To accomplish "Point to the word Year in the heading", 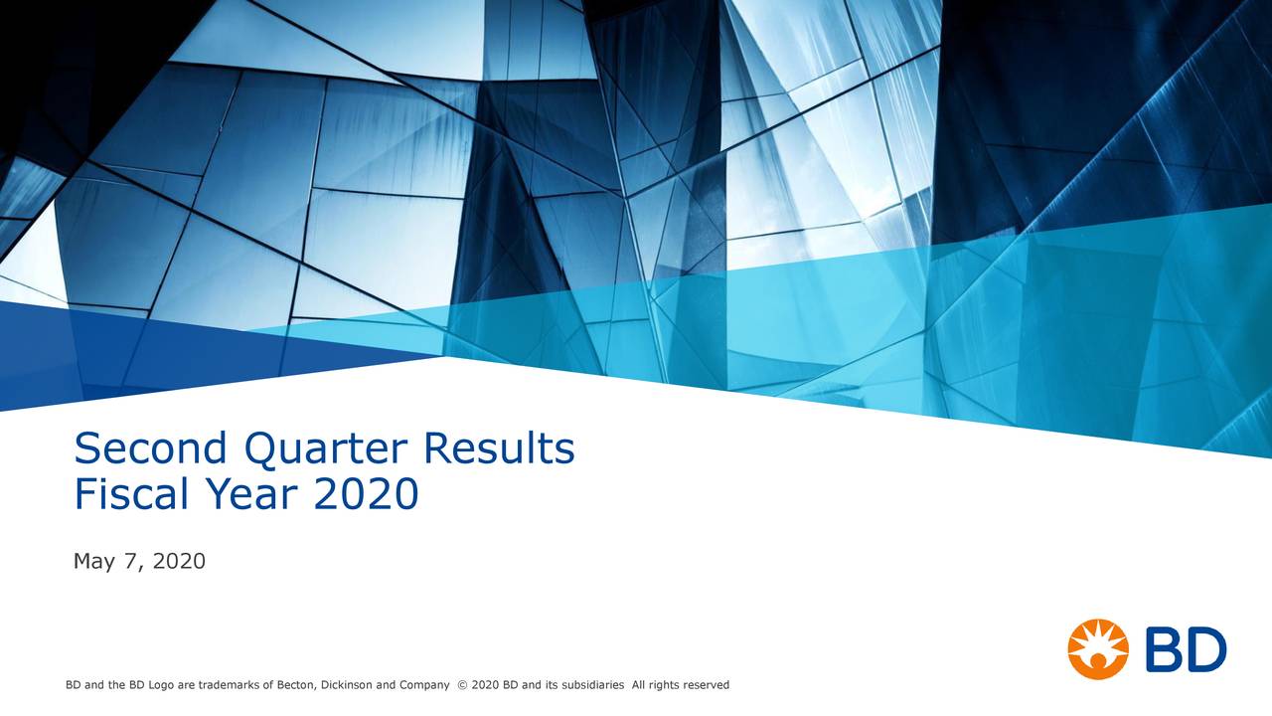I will (x=257, y=493).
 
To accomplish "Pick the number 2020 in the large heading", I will (x=367, y=493).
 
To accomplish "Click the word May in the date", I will (x=94, y=563).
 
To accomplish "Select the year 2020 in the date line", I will (x=179, y=562).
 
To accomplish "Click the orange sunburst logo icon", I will (x=1098, y=649).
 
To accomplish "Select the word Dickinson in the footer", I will (x=347, y=685).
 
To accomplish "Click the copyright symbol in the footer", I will (x=462, y=685).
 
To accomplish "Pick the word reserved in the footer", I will (x=707, y=685).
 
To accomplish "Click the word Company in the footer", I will (x=424, y=685).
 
